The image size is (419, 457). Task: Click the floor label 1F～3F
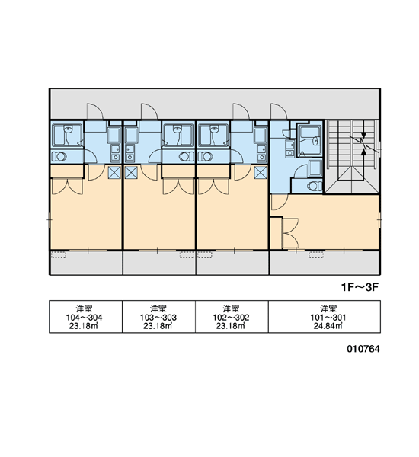coord(360,287)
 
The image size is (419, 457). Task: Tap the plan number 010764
coord(363,349)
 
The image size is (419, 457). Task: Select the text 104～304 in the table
coord(84,318)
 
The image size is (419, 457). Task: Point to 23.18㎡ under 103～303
coord(158,326)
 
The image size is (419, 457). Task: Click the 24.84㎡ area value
coord(328,326)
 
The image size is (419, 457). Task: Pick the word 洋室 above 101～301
coord(328,308)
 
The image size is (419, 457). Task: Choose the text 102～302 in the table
coord(231,318)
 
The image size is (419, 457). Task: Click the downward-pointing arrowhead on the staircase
coord(363,136)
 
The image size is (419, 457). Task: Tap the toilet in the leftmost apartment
coord(60,156)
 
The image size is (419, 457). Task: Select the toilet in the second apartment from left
coord(186,156)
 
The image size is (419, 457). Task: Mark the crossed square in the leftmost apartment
coord(114,173)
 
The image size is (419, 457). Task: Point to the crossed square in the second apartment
coord(131,173)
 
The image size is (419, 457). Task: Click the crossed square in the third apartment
coord(261,173)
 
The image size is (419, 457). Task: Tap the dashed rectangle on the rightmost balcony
coord(316,255)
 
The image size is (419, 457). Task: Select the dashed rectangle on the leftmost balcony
coord(59,255)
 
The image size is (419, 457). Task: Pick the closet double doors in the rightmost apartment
coord(291,233)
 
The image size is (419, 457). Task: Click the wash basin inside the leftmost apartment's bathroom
coord(69,129)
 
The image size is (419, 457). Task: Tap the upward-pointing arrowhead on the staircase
coord(363,152)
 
